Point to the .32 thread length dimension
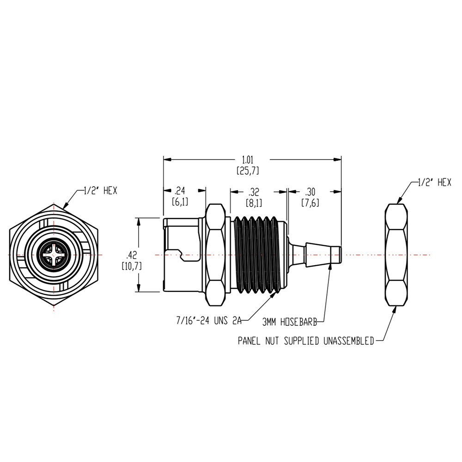(x=253, y=191)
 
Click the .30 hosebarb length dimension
(x=310, y=191)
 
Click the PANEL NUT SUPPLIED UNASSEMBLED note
(x=306, y=341)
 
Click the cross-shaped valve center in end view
(x=54, y=255)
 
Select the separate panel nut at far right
(x=396, y=255)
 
